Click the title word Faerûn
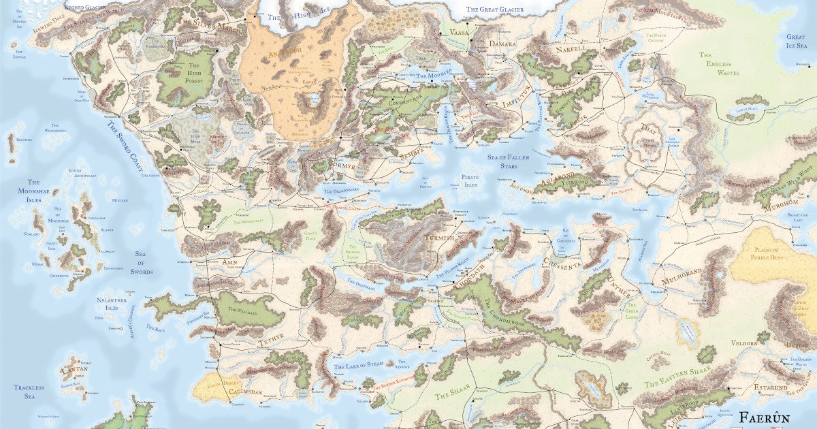pyautogui.click(x=777, y=417)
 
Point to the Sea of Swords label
pyautogui.click(x=142, y=263)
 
